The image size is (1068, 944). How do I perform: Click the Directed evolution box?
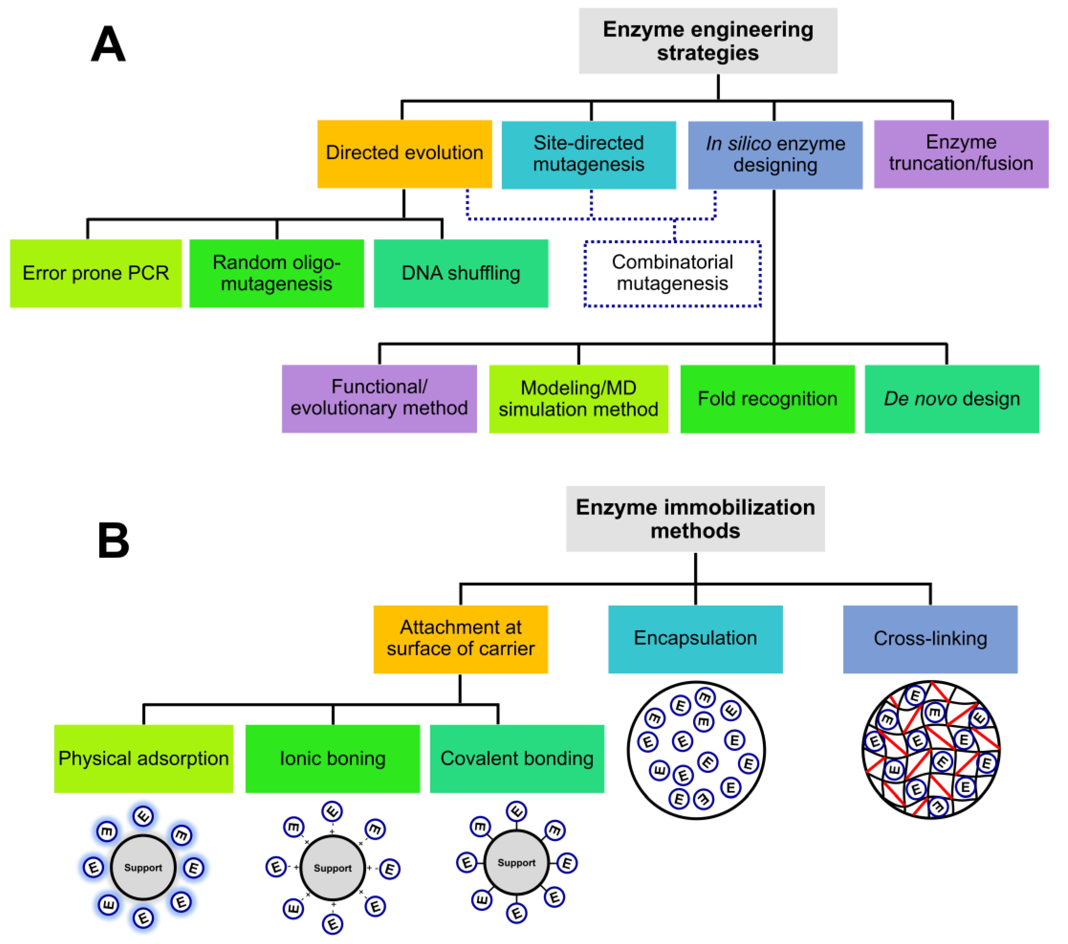coord(404,153)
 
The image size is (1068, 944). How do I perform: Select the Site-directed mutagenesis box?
coord(588,155)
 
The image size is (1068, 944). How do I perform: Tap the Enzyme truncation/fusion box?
coord(961,153)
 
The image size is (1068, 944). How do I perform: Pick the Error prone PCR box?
coord(96,273)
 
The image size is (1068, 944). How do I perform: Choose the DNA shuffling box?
coord(461,273)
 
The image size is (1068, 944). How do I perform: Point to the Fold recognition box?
coord(767,399)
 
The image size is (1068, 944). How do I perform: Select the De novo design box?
coord(952,399)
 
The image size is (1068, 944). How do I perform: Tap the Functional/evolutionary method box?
coord(379,399)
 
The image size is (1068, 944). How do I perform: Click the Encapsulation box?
coord(695,639)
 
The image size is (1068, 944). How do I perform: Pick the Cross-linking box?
coord(930,639)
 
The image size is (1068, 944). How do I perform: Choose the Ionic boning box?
coord(332,759)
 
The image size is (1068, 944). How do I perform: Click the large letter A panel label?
coord(108,44)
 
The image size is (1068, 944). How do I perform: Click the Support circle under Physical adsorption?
coord(143,868)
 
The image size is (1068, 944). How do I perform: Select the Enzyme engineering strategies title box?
coord(708,41)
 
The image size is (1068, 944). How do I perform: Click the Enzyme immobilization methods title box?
coord(695,519)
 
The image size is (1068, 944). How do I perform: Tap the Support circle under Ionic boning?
coord(332,868)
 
